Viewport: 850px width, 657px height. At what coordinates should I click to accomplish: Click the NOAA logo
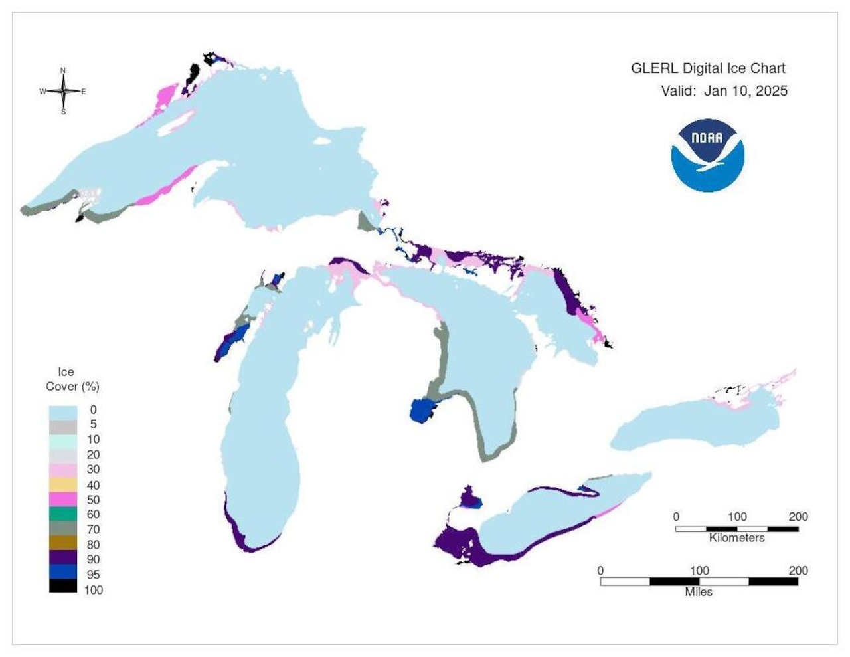[707, 155]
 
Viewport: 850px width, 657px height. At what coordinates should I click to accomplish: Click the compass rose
[64, 91]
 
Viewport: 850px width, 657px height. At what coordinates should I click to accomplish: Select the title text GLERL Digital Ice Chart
[708, 68]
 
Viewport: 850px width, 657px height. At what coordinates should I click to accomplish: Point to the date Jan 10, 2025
[745, 91]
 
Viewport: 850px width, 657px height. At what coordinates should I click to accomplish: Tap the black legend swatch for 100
[63, 586]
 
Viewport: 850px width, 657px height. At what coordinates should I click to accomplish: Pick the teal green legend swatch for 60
[63, 514]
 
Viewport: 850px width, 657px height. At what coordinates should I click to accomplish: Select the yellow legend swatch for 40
[63, 484]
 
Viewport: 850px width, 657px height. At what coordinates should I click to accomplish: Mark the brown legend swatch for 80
[63, 544]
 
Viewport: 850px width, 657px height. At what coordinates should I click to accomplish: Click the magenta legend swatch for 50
[63, 500]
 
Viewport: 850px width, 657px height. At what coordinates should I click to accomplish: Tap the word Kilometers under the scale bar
[736, 537]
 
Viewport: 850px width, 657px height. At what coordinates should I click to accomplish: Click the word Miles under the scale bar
[699, 591]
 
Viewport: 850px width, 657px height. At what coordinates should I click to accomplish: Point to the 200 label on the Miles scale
[798, 571]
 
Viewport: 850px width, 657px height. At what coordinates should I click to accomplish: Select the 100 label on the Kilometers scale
[737, 517]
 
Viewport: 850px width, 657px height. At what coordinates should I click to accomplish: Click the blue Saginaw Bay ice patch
[421, 411]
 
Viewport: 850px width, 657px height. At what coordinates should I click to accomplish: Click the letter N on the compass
[63, 70]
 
